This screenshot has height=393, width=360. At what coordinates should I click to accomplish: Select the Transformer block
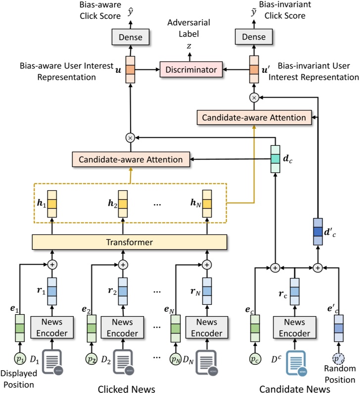pyautogui.click(x=129, y=242)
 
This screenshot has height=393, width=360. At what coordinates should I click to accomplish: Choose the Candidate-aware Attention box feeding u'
pyautogui.click(x=254, y=117)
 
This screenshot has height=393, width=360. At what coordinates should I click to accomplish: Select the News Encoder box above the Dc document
pyautogui.click(x=294, y=327)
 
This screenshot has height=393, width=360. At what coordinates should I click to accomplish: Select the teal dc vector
pyautogui.click(x=275, y=159)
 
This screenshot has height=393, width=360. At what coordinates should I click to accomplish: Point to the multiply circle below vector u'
pyautogui.click(x=254, y=99)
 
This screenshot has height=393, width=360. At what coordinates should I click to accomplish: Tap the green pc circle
pyautogui.click(x=254, y=357)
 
